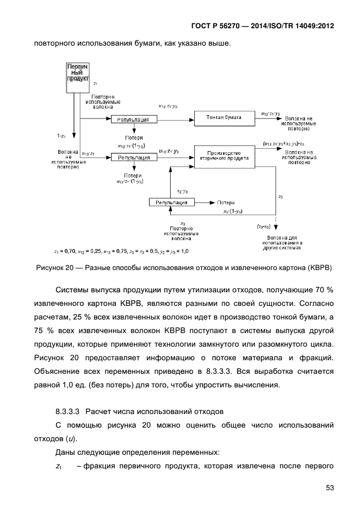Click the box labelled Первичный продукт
(78, 72)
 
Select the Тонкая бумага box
(224, 117)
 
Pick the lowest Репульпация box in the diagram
(171, 202)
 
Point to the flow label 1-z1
(62, 135)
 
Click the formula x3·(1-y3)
(233, 211)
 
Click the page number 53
(330, 487)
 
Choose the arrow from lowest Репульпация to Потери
(204, 202)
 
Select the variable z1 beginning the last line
(59, 465)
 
